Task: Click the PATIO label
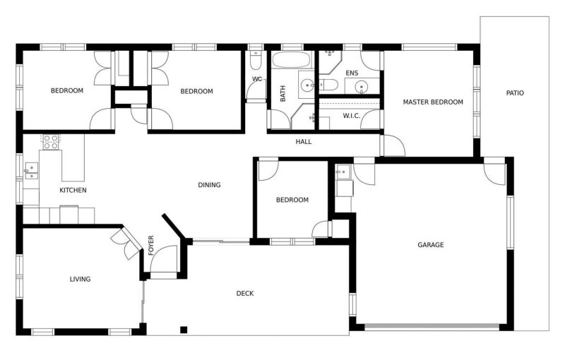click(x=515, y=93)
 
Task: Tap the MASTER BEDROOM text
click(x=433, y=102)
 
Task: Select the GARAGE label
click(x=430, y=245)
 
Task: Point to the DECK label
click(x=244, y=294)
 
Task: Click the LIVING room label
click(x=80, y=280)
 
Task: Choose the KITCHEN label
click(x=73, y=191)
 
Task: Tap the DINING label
click(x=209, y=186)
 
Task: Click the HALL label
click(x=304, y=142)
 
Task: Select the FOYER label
click(x=150, y=245)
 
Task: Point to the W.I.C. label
click(x=352, y=116)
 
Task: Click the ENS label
click(x=352, y=73)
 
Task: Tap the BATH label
click(x=282, y=93)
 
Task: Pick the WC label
click(x=257, y=78)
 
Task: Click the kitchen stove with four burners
click(x=51, y=142)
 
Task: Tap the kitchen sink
click(x=31, y=171)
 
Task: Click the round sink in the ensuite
click(x=362, y=88)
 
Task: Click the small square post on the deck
click(x=184, y=329)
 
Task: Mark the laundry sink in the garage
click(x=343, y=171)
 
